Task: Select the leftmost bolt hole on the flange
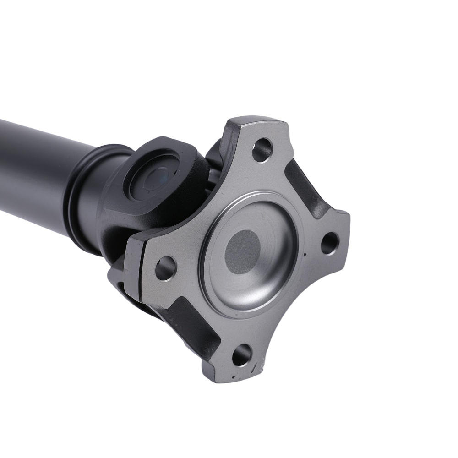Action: tap(166, 268)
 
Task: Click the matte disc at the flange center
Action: tap(243, 252)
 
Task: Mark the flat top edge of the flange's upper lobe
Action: tap(256, 120)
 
